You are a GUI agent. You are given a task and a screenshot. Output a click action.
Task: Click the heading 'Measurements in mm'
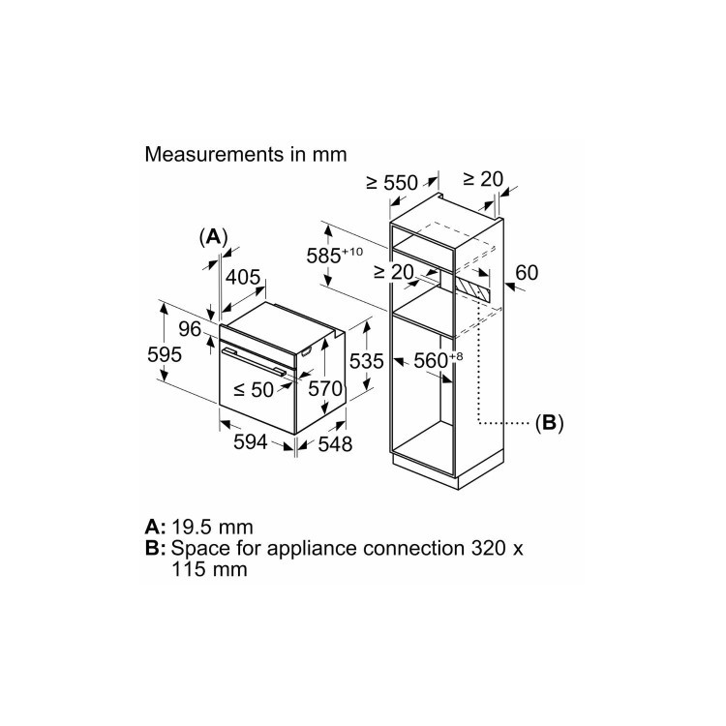pos(245,154)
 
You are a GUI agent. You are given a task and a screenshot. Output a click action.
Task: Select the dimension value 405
pos(243,278)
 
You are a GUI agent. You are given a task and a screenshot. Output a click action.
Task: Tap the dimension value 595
pos(165,355)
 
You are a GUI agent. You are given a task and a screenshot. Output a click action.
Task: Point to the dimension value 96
pos(189,329)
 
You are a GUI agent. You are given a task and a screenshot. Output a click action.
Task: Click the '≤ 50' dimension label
pos(255,389)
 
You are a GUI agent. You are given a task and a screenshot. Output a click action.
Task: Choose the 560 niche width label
pos(435,361)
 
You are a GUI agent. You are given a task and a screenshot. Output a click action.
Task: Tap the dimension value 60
pos(527,273)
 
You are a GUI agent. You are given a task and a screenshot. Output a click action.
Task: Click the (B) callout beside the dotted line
pos(549,422)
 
